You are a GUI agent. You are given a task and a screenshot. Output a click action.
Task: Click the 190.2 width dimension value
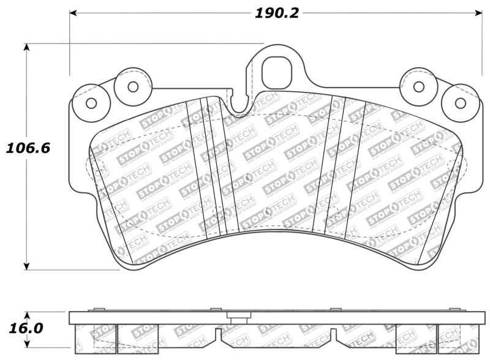pyautogui.click(x=277, y=13)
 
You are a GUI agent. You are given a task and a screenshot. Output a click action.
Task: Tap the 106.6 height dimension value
pyautogui.click(x=28, y=148)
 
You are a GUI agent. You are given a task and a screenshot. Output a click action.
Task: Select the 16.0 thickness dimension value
pyautogui.click(x=26, y=328)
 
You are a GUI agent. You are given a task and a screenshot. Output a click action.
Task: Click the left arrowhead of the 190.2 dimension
pyautogui.click(x=73, y=13)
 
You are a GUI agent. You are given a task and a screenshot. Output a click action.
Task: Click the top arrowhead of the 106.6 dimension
pyautogui.click(x=27, y=48)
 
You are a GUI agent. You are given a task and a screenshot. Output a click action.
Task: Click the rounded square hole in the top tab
pyautogui.click(x=279, y=72)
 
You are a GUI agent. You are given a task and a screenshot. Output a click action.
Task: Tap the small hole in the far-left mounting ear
pyautogui.click(x=91, y=103)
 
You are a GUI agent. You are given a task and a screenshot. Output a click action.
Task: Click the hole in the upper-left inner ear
pyautogui.click(x=133, y=86)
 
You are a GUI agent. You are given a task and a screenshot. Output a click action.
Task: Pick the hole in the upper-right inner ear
pyautogui.click(x=419, y=86)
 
